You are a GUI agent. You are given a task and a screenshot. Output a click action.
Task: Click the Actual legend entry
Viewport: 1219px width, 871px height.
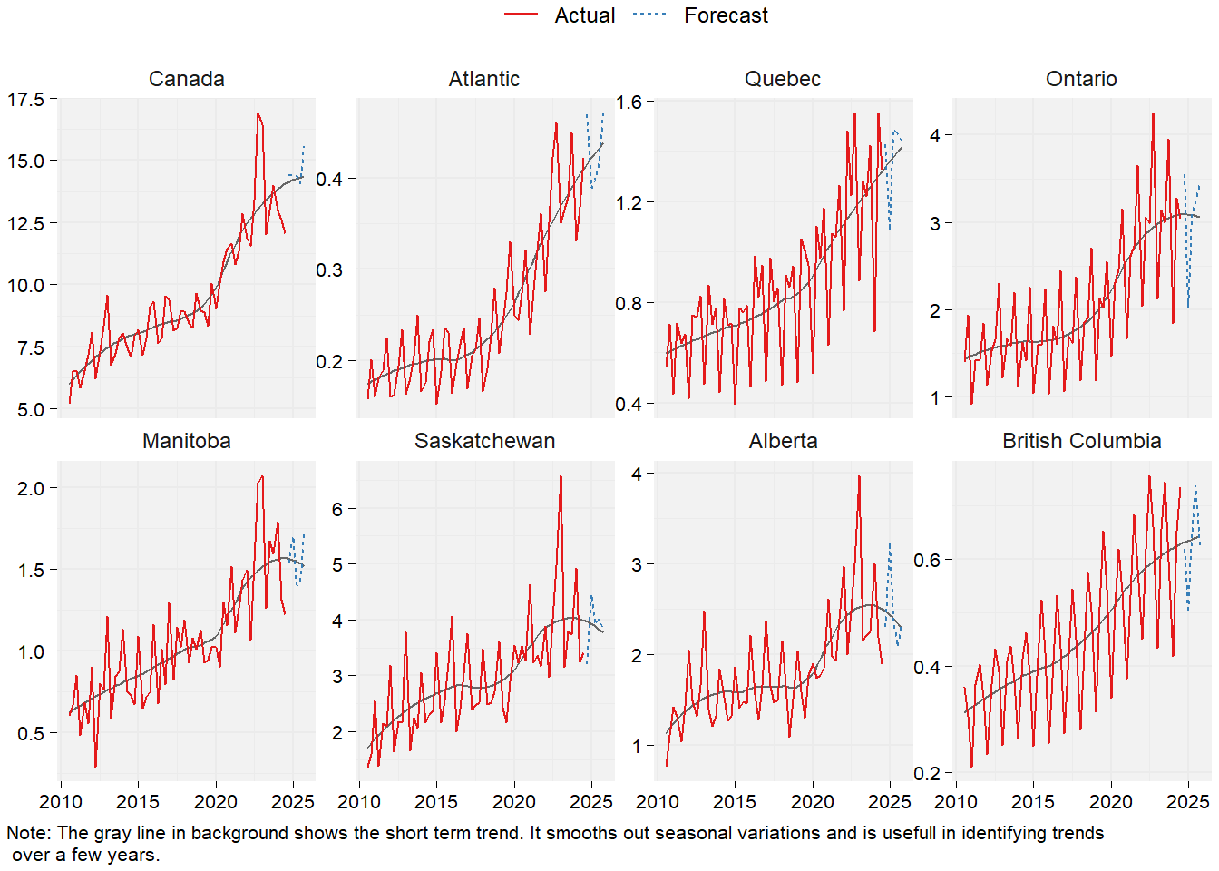pyautogui.click(x=584, y=15)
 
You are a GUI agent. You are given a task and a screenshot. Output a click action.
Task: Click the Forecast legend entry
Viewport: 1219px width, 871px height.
pyautogui.click(x=726, y=15)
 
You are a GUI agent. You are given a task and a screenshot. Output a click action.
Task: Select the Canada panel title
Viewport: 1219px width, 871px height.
pyautogui.click(x=186, y=79)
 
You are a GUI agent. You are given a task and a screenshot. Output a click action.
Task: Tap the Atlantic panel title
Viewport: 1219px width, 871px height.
pyautogui.click(x=484, y=79)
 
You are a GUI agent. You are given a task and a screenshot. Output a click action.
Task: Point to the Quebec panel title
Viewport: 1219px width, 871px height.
pyautogui.click(x=783, y=79)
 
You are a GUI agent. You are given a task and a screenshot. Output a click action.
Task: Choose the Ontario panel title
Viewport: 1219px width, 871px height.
pyautogui.click(x=1081, y=79)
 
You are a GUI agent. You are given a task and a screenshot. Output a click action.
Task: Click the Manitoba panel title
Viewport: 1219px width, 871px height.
pyautogui.click(x=186, y=441)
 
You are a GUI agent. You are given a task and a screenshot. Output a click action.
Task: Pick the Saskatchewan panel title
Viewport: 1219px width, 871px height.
pyautogui.click(x=484, y=441)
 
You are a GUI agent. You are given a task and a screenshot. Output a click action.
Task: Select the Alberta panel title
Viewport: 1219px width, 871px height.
pyautogui.click(x=783, y=441)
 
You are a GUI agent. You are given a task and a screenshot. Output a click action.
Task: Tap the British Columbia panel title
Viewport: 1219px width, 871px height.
pyautogui.click(x=1081, y=441)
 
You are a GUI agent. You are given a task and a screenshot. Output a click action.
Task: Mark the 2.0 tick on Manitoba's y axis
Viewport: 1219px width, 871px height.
pyautogui.click(x=31, y=488)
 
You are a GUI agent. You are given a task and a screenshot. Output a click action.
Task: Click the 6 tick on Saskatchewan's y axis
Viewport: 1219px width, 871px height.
pyautogui.click(x=337, y=509)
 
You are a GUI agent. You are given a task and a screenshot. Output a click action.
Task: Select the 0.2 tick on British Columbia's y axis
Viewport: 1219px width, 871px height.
pyautogui.click(x=927, y=774)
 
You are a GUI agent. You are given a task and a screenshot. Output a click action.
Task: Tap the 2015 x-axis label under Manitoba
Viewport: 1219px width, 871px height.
pyautogui.click(x=138, y=802)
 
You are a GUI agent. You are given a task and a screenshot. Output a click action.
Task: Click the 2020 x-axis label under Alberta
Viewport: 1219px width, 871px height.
pyautogui.click(x=812, y=802)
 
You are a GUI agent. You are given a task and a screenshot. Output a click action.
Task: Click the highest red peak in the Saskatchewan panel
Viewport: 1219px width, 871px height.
pyautogui.click(x=561, y=476)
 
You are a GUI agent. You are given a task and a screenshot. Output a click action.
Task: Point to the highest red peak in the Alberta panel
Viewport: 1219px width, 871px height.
pyautogui.click(x=859, y=476)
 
